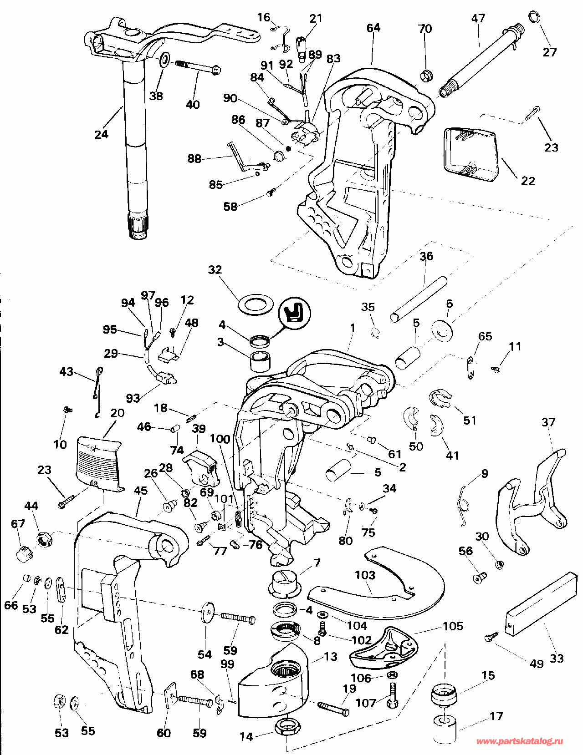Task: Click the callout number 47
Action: click(x=478, y=19)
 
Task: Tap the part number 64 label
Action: click(x=373, y=28)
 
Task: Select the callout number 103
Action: click(x=365, y=575)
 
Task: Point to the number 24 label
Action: click(x=101, y=134)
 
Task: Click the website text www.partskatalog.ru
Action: click(x=519, y=741)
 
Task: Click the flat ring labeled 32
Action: click(x=256, y=304)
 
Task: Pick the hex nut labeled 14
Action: click(x=287, y=727)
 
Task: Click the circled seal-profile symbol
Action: click(x=294, y=312)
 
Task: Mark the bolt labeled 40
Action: click(x=198, y=67)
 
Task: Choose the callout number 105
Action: click(x=453, y=626)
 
